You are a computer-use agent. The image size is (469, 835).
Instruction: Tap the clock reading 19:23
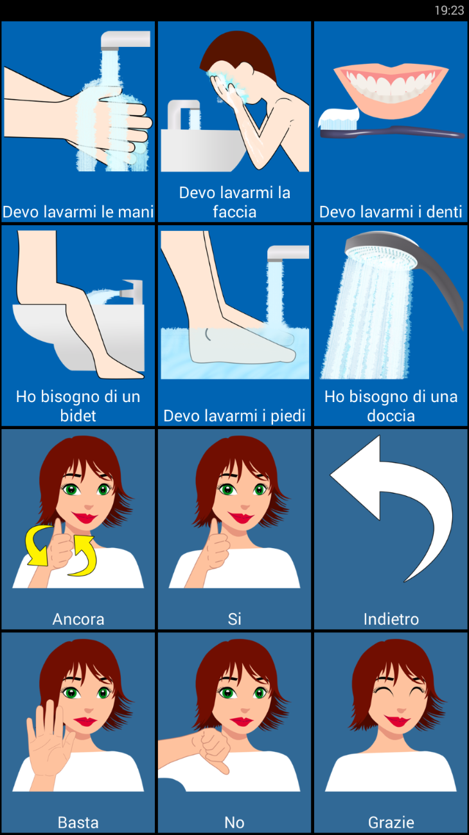tap(449, 10)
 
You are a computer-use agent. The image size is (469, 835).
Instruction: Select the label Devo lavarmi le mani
tap(78, 212)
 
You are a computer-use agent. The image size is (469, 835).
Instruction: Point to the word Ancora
tap(78, 619)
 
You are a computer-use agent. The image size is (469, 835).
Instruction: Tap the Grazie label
tap(391, 822)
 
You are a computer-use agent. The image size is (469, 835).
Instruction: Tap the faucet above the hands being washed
tap(125, 41)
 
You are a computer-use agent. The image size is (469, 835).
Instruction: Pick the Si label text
tap(234, 619)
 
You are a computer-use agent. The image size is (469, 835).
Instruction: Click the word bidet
tap(78, 416)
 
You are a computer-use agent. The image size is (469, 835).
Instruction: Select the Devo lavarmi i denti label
tap(391, 212)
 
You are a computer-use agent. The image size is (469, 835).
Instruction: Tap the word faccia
tap(234, 212)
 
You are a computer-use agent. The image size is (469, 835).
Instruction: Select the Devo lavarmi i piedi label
tap(234, 416)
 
